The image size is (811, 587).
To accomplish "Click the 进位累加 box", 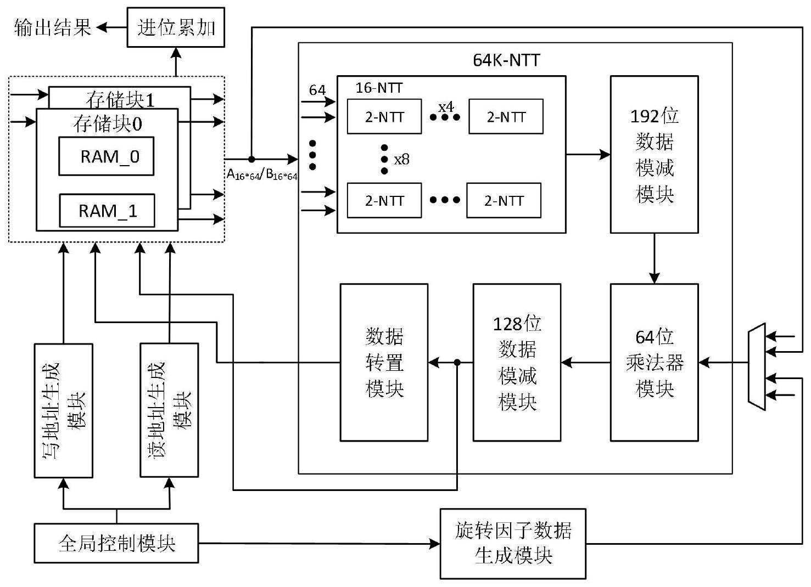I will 176,27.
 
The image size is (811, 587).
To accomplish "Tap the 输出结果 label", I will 53,27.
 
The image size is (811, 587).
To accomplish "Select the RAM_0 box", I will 107,156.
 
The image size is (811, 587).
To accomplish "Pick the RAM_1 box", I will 107,211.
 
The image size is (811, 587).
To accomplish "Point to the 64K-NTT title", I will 506,59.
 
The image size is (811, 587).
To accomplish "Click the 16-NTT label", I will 379,88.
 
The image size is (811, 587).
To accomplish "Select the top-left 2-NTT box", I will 384,116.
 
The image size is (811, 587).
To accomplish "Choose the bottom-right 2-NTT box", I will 504,201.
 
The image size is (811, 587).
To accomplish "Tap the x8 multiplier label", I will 402,160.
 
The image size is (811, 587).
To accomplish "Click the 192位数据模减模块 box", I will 654,155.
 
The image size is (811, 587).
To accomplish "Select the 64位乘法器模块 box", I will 654,362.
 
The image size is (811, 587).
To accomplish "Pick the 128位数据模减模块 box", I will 517,362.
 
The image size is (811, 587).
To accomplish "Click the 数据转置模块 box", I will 384,362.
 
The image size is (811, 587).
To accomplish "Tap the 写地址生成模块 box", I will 64,410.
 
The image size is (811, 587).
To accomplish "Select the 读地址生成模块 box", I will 169,410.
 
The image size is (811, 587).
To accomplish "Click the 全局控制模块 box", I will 116,543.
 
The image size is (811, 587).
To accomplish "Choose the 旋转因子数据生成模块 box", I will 513,544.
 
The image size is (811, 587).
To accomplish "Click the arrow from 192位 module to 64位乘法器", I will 654,258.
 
